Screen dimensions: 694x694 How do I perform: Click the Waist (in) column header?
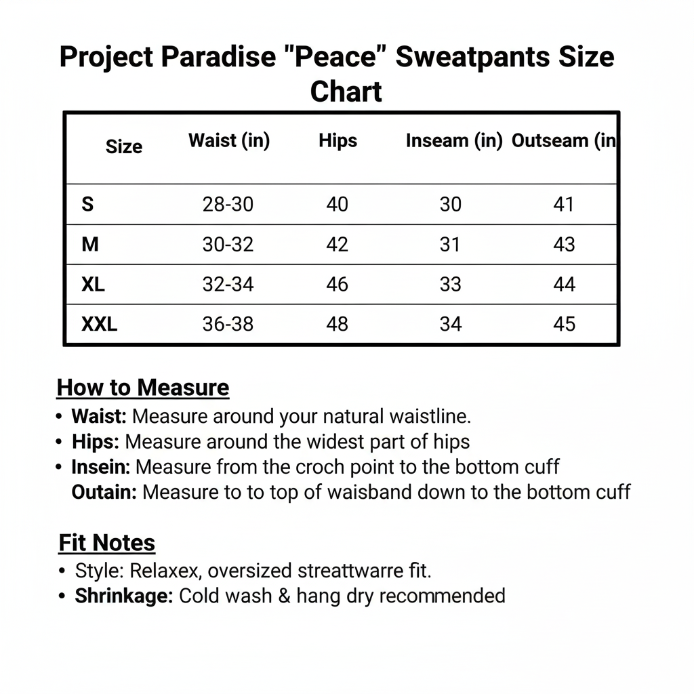coord(228,141)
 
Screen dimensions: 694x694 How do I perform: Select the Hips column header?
coord(338,141)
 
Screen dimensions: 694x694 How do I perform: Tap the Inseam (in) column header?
coord(454,141)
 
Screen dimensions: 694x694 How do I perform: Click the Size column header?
coord(124,147)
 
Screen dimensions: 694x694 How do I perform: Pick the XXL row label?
coord(100,324)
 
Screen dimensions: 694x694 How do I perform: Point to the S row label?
coord(87,204)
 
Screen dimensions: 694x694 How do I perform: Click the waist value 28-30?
coord(228,204)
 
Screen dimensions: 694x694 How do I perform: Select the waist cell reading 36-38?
coord(228,324)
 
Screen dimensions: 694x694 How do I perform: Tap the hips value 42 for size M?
coord(337,244)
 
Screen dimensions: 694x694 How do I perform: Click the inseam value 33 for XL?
coord(450,284)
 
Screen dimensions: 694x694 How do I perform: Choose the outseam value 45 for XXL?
coord(564,324)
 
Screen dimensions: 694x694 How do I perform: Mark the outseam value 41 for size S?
coord(564,204)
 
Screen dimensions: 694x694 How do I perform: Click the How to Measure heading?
coord(143,388)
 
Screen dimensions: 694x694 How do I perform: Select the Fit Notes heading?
coord(107,543)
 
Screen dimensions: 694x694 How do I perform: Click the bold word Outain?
coord(104,491)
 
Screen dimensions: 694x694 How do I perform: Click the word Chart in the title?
coord(346,91)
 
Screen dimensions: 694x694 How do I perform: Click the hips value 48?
coord(337,324)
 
